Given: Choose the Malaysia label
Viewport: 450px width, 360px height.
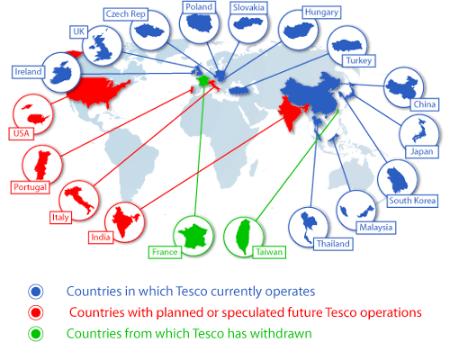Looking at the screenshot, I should (374, 228).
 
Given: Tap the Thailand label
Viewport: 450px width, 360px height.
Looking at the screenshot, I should (332, 244).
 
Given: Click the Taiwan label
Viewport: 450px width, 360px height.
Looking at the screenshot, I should (268, 253).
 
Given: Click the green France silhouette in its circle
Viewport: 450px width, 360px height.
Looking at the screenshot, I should (193, 236).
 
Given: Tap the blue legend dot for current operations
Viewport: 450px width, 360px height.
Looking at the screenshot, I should (36, 292).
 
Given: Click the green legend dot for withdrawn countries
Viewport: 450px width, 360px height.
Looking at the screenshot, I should (36, 334).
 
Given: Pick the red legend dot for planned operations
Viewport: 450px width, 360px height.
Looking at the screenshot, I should (36, 312).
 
